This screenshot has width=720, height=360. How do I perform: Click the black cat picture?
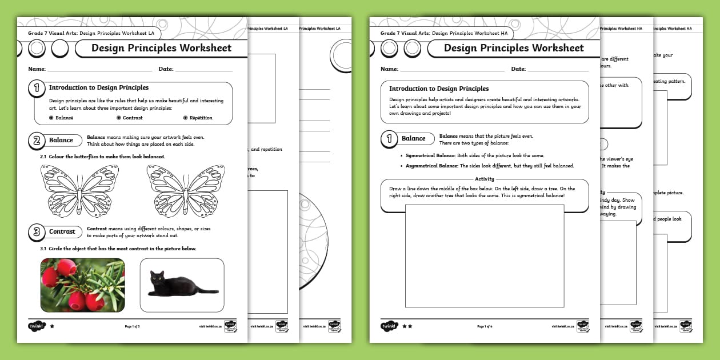(182, 285)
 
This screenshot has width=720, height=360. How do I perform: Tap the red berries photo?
(82, 285)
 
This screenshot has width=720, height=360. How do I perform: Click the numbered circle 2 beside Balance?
(36, 141)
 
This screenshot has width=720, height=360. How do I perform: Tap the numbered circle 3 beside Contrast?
(36, 231)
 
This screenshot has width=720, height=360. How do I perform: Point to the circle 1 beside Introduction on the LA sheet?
(37, 88)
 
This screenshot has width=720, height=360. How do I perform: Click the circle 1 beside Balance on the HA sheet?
(389, 139)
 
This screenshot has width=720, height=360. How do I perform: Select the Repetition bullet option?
(197, 118)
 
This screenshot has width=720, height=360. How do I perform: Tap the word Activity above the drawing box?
(485, 179)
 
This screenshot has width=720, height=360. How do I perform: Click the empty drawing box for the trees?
(485, 255)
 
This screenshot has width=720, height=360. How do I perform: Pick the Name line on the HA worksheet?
(451, 70)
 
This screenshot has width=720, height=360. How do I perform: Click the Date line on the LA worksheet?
(203, 70)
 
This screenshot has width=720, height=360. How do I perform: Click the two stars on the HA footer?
(406, 326)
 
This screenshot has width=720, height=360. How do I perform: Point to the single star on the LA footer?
(52, 326)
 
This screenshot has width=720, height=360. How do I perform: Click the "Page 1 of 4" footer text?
(485, 326)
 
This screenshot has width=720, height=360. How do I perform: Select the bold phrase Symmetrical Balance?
(428, 155)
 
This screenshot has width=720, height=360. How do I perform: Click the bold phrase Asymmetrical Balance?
(430, 166)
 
